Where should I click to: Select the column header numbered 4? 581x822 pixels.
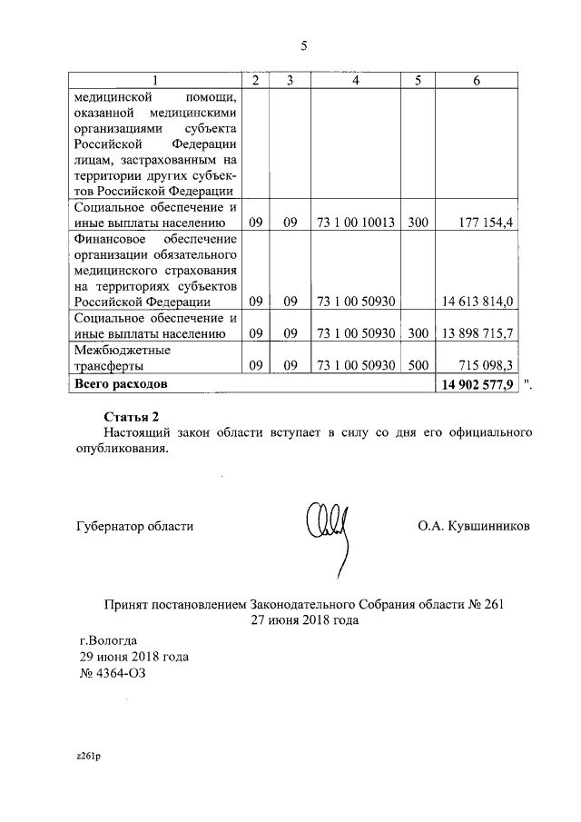356,80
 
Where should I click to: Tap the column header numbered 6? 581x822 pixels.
477,80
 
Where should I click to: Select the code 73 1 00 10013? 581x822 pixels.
356,222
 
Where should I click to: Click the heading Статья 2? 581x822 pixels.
133,417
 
